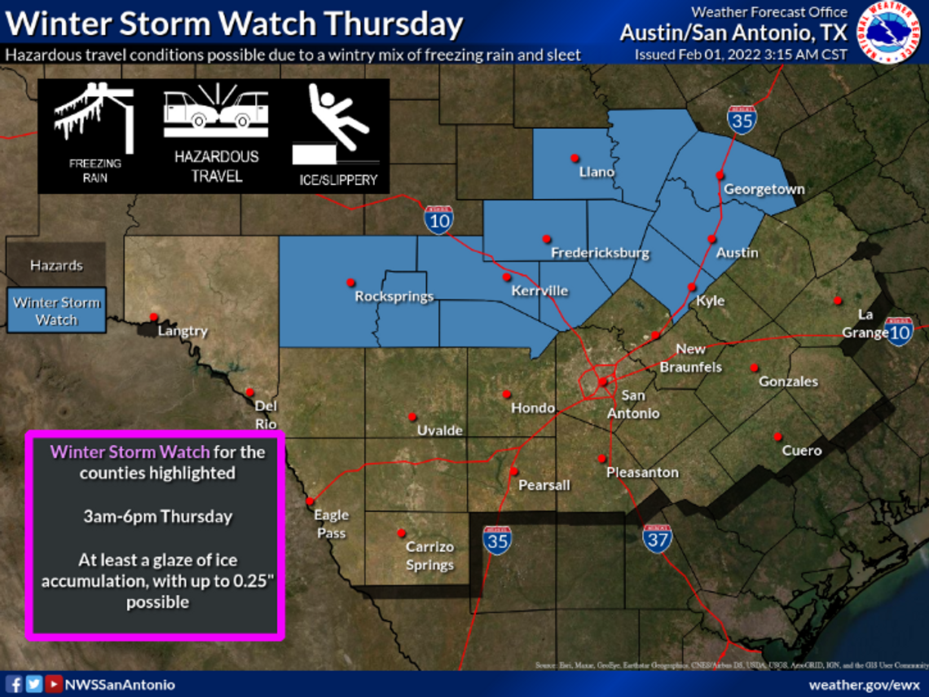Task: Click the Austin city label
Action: [x=737, y=253]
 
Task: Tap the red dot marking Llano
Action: [x=575, y=157]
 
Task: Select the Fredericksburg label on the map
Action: [x=600, y=253]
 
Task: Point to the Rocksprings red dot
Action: [x=350, y=282]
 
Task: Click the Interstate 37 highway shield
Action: [x=657, y=539]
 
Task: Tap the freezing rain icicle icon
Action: [x=94, y=122]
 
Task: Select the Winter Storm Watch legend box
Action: [x=56, y=311]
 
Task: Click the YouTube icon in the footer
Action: [x=53, y=684]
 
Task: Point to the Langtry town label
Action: [x=183, y=331]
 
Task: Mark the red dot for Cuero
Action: [x=777, y=436]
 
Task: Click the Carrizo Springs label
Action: [x=429, y=555]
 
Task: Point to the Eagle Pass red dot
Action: [x=310, y=501]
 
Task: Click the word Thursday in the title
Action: [x=399, y=24]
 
